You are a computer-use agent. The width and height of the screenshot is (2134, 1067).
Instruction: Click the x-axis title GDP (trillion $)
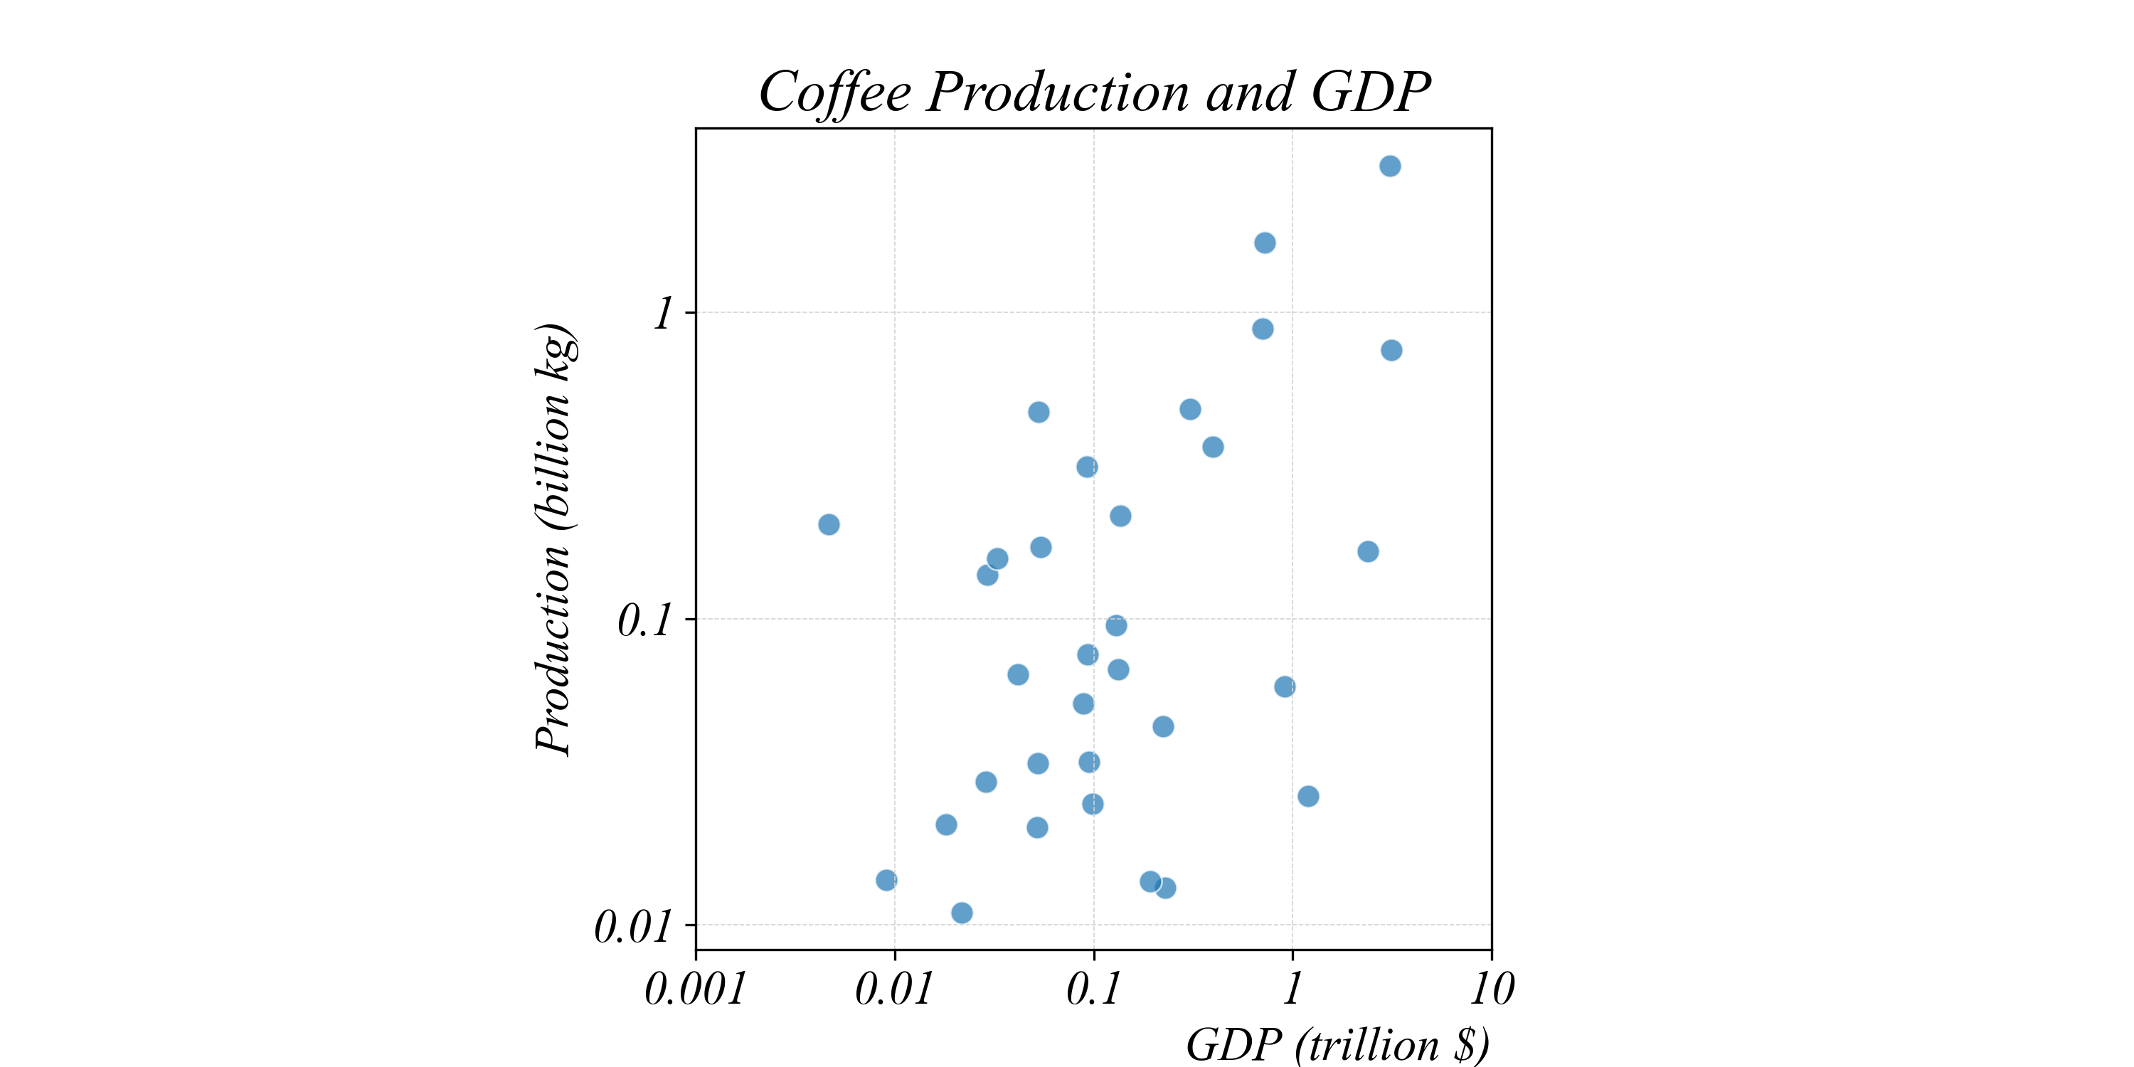[1337, 1044]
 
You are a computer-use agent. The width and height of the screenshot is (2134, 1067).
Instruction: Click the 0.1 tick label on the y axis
[644, 620]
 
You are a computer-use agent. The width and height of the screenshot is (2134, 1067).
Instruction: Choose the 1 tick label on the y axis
[663, 314]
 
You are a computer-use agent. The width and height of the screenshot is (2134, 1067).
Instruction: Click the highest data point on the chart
[1390, 166]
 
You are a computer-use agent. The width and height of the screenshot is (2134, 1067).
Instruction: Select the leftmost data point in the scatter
[829, 524]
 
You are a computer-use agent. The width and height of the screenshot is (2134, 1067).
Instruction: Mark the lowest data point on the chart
[962, 913]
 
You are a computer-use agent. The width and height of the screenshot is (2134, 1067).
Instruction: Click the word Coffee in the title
[834, 92]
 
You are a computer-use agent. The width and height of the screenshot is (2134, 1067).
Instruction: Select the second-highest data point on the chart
[1264, 243]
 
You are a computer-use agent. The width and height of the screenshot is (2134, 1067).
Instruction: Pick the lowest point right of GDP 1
[1308, 796]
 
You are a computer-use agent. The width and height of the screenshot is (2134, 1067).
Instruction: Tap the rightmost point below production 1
[1392, 351]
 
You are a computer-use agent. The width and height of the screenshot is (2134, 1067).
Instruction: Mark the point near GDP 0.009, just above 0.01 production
[886, 880]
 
